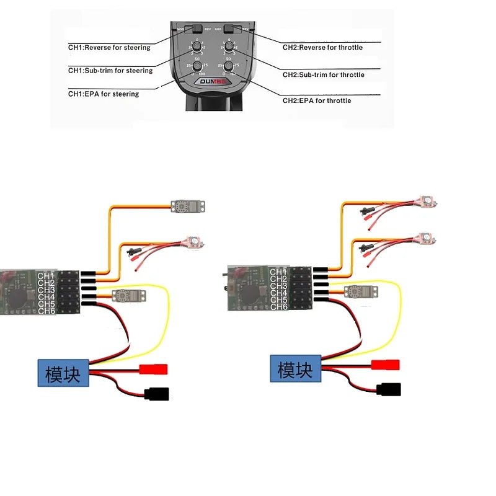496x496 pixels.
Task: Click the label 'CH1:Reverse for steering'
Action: pos(109,48)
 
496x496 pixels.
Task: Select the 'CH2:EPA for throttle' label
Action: pos(317,100)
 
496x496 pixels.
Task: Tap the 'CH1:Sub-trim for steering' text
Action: pos(110,71)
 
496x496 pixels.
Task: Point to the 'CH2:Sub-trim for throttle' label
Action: pos(324,75)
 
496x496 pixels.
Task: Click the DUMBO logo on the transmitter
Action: pos(211,81)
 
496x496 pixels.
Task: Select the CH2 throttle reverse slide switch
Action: pos(231,29)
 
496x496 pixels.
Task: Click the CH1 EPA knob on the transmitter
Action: pos(197,66)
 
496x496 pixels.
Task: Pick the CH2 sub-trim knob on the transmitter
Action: pos(228,46)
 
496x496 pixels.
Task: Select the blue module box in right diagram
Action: pos(295,370)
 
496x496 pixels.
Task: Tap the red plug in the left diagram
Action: pos(154,370)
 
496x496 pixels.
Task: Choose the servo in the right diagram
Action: pos(354,291)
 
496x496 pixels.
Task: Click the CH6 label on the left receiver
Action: pos(46,311)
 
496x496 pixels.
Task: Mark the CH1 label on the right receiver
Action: pos(278,272)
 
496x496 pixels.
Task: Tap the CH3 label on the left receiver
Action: pos(46,290)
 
